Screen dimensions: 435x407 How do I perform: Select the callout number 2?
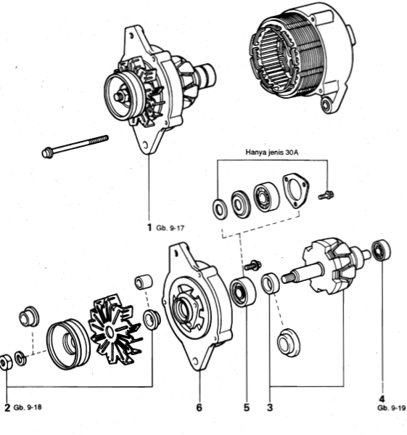(x=7, y=407)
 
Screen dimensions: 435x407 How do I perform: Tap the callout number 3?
(x=270, y=407)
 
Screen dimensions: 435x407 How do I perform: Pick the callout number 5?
(x=246, y=407)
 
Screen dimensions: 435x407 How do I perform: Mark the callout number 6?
(x=199, y=407)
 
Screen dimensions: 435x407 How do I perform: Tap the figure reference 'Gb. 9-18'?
(x=28, y=407)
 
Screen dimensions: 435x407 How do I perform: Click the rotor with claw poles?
(x=330, y=269)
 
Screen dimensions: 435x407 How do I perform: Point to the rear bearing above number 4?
(x=382, y=251)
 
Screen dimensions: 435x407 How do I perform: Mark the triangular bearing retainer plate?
(x=294, y=190)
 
